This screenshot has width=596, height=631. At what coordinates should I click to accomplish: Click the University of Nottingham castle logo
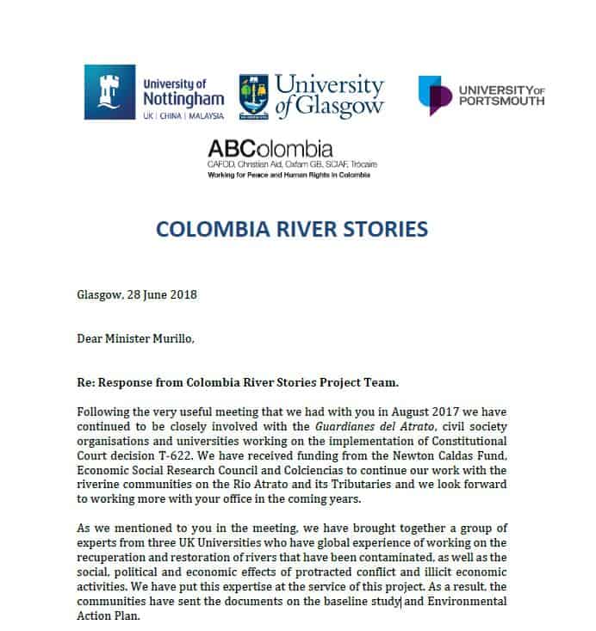[109, 92]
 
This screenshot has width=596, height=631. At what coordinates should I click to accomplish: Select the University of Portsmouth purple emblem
[435, 96]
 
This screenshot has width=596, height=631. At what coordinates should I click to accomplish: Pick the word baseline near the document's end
[349, 600]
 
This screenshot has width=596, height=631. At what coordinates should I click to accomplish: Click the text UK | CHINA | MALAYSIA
[182, 114]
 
